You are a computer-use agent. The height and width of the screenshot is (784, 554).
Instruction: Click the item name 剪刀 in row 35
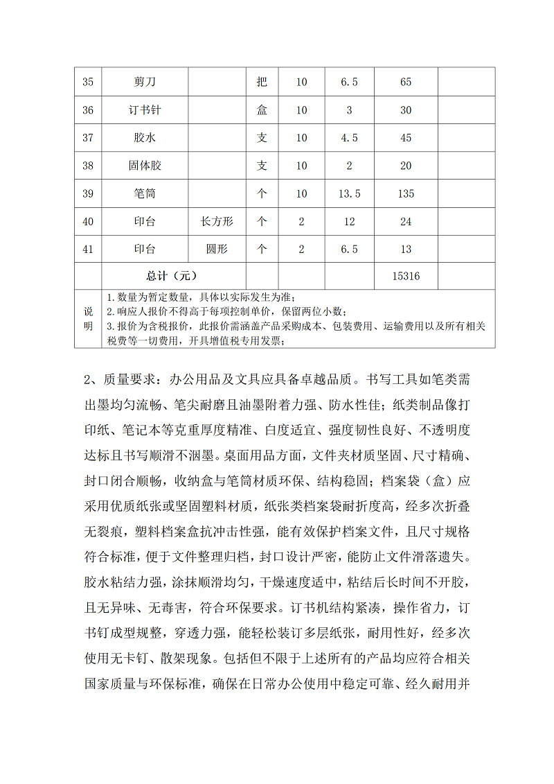[x=145, y=82]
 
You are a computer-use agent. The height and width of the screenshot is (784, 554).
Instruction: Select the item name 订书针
[x=145, y=110]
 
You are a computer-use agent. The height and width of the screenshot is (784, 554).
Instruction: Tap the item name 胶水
[x=145, y=138]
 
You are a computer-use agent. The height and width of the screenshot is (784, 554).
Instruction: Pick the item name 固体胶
[x=145, y=166]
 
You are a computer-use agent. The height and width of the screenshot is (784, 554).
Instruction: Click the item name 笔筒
[x=145, y=193]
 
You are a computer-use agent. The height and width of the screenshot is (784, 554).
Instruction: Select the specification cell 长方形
[x=217, y=222]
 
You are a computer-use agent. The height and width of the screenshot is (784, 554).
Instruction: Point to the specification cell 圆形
[x=217, y=250]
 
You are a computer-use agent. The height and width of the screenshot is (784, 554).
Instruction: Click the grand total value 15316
[x=406, y=276]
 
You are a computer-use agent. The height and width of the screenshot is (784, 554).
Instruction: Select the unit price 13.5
[x=349, y=193]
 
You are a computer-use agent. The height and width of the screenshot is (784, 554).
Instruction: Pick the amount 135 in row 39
[x=406, y=193]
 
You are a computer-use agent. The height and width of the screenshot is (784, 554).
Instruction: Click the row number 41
[x=88, y=250]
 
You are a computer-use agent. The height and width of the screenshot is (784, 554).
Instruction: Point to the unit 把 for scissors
[x=262, y=82]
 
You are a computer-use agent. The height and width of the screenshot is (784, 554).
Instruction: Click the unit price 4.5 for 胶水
[x=349, y=138]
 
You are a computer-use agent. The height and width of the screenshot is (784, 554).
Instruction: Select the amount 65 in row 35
[x=406, y=82]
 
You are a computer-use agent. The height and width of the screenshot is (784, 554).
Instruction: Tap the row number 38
[x=88, y=166]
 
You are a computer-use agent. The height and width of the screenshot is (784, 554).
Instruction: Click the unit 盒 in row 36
[x=262, y=110]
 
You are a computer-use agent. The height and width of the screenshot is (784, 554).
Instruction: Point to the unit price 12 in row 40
[x=349, y=222]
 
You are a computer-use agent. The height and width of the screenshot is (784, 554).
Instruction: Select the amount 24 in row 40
[x=406, y=222]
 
